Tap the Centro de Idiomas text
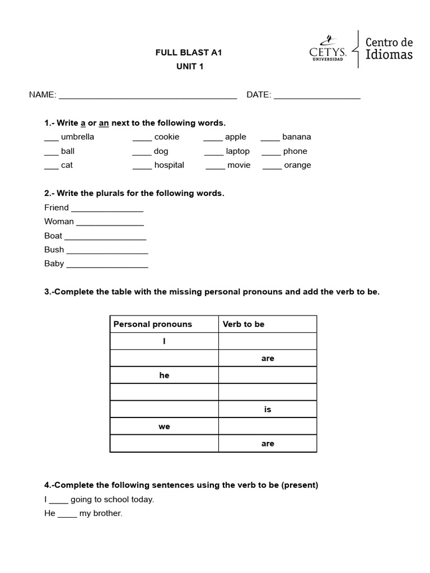coord(389,49)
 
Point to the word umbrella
coord(77,137)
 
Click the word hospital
coord(169,166)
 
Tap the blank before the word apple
coord(213,138)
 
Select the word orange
coord(297,166)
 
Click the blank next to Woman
coord(110,223)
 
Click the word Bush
coord(54,250)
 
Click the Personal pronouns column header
coord(152,324)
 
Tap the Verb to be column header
coord(244,324)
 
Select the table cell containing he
coord(164,375)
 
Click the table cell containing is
coord(267,410)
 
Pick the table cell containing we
coord(164,426)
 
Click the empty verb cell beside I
coord(267,341)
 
